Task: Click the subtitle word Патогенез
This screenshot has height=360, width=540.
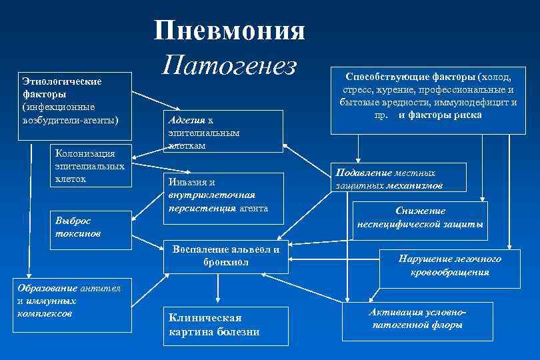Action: click(229, 65)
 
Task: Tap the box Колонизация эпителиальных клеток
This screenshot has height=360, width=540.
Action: click(89, 166)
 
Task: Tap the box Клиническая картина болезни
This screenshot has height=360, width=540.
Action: click(225, 325)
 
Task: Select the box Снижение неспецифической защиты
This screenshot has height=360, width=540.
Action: click(421, 217)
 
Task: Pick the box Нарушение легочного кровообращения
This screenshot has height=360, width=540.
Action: click(449, 265)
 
